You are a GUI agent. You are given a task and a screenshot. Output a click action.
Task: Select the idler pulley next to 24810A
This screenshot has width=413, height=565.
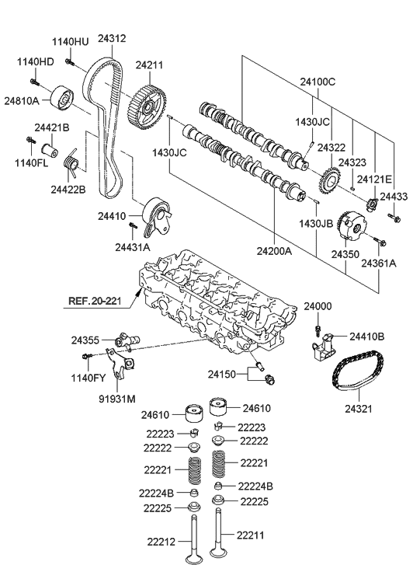[x=61, y=99]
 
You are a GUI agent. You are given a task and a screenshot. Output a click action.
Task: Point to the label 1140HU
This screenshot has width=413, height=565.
[x=71, y=41]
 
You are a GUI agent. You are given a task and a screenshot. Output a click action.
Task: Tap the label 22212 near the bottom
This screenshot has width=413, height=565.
[x=162, y=541]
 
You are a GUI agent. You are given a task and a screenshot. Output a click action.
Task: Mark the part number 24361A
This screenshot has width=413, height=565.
[x=378, y=263]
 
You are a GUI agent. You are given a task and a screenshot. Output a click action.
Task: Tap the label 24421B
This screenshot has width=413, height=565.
[x=51, y=127]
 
